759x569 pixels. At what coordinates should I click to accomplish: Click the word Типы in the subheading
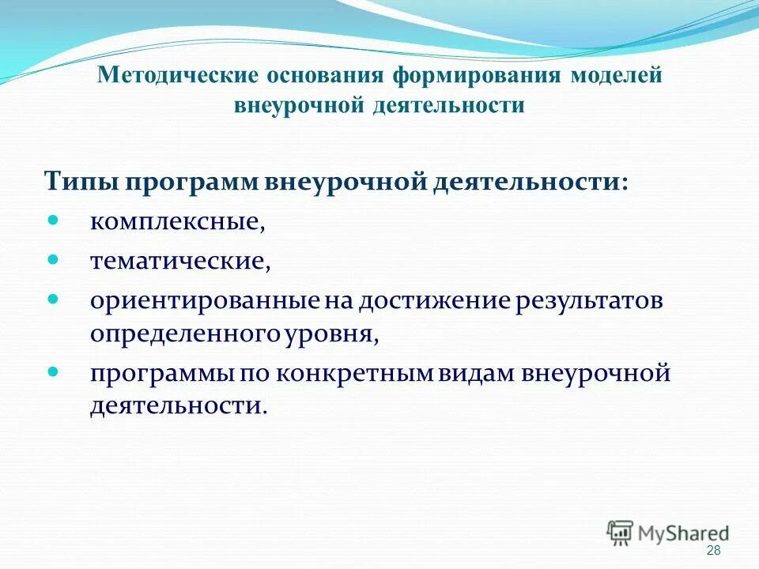pos(79,181)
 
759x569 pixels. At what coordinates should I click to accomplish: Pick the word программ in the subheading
pos(201,181)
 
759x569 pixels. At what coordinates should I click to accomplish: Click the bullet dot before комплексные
pos(54,218)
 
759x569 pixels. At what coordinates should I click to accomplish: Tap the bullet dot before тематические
pos(54,258)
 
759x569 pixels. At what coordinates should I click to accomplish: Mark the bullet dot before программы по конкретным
pos(54,369)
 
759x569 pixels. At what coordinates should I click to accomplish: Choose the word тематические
pos(179,262)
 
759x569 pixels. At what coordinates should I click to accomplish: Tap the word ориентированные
pos(205,303)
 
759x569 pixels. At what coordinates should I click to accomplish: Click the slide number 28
pos(713,551)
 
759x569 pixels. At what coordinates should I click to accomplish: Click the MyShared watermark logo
pos(668,533)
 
